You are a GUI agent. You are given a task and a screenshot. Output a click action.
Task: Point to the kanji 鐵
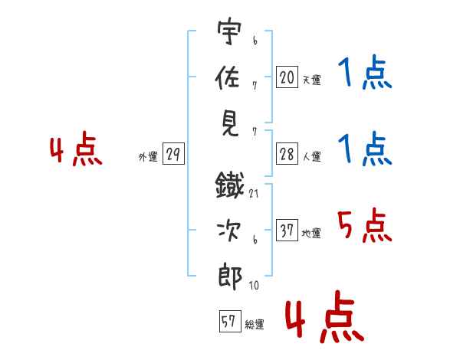point(230,184)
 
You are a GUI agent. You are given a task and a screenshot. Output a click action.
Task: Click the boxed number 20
point(287,77)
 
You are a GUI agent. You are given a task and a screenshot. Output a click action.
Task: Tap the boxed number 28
point(287,154)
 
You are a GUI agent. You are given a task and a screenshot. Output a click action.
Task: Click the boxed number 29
point(172,155)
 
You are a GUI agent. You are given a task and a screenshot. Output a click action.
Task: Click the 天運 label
point(311,80)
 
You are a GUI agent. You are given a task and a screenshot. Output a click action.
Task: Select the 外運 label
point(148,157)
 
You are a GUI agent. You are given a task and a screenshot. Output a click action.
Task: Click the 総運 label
point(255,324)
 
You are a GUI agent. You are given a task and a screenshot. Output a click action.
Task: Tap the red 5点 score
point(363,225)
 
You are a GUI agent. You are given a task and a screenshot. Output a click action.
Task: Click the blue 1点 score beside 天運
point(364,75)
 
